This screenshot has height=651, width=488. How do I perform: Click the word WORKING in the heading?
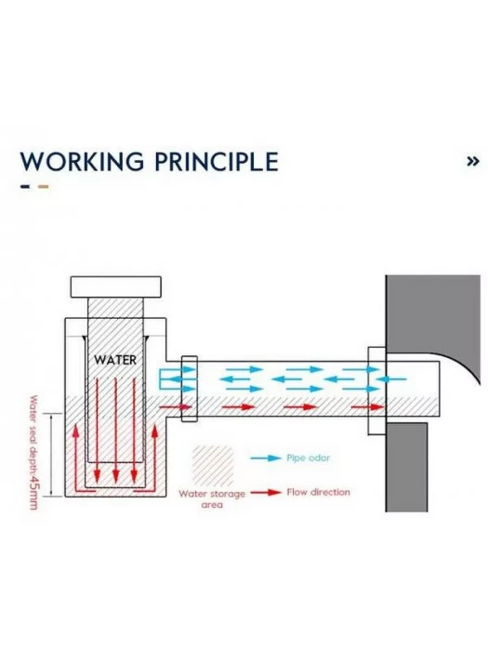tap(82, 162)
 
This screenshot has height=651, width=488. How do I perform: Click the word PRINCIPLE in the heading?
tap(217, 162)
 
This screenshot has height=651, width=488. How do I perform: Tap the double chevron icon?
tap(473, 161)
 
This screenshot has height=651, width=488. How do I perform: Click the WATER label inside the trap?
tap(115, 360)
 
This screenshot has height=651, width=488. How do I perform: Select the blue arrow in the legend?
tap(266, 458)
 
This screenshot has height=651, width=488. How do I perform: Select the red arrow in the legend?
tap(266, 492)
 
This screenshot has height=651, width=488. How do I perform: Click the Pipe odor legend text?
tap(309, 458)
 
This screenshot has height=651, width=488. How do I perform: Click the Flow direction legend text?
tap(318, 492)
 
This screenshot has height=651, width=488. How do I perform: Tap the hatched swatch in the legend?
tap(213, 466)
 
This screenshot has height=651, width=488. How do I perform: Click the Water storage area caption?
tap(212, 499)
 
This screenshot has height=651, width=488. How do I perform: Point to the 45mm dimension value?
tap(33, 493)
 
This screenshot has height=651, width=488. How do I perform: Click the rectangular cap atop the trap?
tap(116, 286)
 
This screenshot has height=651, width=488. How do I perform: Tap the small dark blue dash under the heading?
tap(25, 186)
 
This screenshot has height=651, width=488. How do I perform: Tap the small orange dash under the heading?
tap(43, 186)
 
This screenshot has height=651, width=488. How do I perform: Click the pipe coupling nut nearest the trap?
tap(190, 389)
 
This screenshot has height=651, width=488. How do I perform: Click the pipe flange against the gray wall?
tap(377, 391)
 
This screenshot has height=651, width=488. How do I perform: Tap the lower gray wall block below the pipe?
tap(407, 468)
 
